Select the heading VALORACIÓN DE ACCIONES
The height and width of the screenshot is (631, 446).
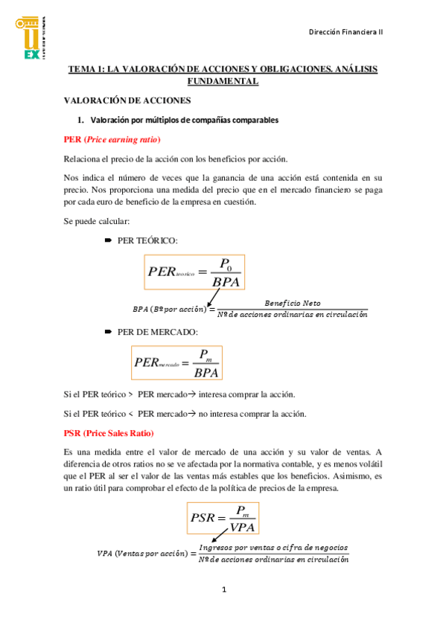point(127,100)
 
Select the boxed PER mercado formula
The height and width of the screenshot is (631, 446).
point(177,362)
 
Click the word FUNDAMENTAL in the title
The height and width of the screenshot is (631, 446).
point(223,81)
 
